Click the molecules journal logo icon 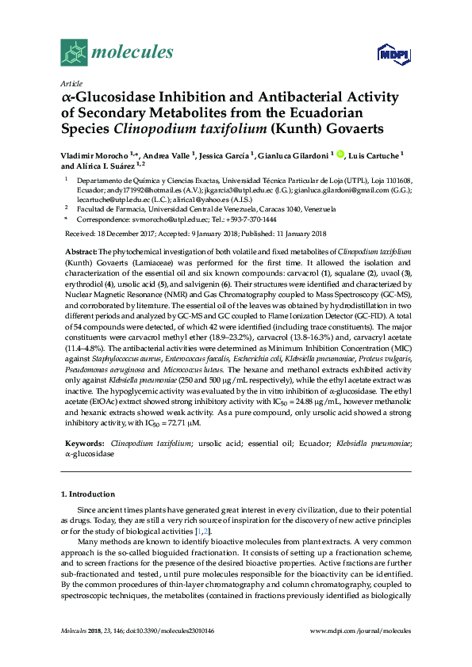tap(74, 52)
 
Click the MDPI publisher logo tap(393, 54)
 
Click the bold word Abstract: tap(80, 250)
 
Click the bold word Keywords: tap(84, 445)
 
